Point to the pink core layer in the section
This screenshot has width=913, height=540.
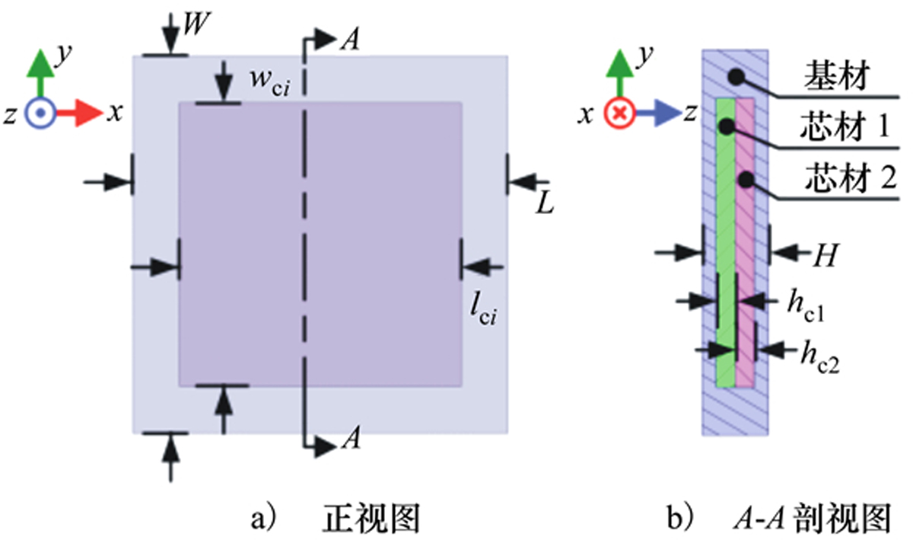[745, 244]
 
